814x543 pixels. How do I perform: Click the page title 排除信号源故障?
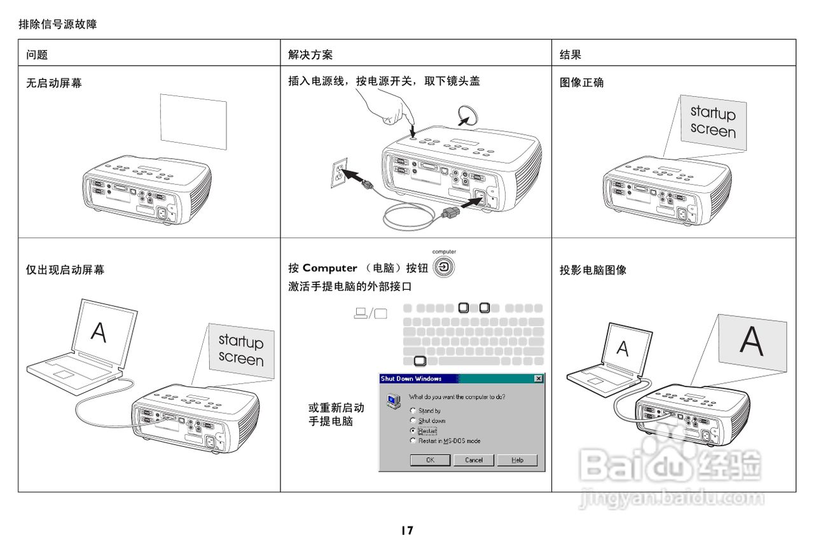[58, 25]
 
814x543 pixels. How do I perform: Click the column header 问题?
[37, 55]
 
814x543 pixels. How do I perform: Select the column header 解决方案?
[310, 55]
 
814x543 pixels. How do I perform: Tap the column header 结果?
[570, 55]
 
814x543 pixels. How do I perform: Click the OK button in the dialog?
[430, 460]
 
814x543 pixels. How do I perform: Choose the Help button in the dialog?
[517, 460]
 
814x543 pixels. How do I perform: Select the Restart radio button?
[413, 431]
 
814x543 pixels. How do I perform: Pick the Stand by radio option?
[413, 411]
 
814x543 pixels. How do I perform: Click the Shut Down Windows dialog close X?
[539, 379]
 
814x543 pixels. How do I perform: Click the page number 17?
[407, 530]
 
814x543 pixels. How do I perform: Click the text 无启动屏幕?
[54, 83]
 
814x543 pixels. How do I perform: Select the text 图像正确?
[582, 83]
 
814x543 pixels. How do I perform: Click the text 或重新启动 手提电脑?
[336, 414]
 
